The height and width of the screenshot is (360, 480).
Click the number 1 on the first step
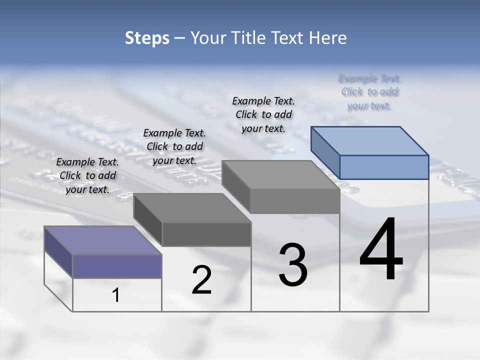pos(116,295)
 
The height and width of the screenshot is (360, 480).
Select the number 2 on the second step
pos(201,280)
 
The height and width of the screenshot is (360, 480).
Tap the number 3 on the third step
pos(293,265)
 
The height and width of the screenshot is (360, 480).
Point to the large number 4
pos(381,249)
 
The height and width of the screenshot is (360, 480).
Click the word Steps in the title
pos(147,38)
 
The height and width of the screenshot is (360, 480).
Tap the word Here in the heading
pos(329,38)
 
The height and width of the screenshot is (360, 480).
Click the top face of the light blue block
pos(369,140)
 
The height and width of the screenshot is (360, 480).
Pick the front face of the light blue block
pos(384,167)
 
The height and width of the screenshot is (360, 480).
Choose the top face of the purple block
pos(103,240)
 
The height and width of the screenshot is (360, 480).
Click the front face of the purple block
pos(117,266)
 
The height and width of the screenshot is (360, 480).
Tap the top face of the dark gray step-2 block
pos(192,207)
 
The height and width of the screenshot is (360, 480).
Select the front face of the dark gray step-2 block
pos(206,234)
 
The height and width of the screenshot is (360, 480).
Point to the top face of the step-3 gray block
pos(280,174)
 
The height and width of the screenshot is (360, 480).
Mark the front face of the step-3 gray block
pos(295,201)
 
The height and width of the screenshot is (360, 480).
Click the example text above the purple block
pos(87,175)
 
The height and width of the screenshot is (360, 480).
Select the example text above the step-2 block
pos(174,146)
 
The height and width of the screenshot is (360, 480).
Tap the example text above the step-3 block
pos(263,114)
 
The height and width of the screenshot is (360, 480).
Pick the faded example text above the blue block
pos(369,92)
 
